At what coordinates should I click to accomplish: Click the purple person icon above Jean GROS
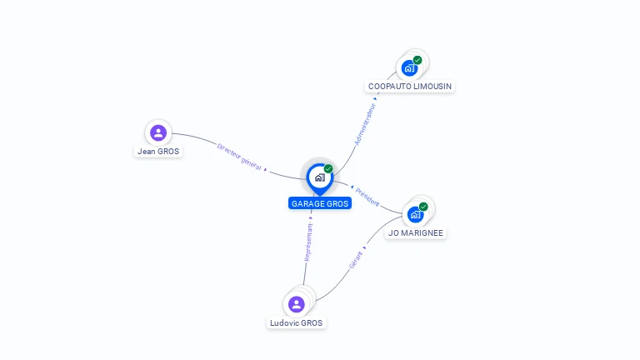pos(158,132)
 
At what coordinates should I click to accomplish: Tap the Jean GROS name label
pos(158,152)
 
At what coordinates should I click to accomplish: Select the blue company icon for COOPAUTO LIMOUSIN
pos(409,67)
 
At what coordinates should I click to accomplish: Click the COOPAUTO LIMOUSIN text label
pos(411,87)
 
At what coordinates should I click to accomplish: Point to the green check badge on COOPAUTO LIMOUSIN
pos(417,60)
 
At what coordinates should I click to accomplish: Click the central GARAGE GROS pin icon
pos(319,177)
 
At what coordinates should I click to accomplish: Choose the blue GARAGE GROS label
pos(320,203)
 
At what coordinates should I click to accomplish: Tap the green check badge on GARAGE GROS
pos(328,169)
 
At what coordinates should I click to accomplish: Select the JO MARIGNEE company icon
pos(415,214)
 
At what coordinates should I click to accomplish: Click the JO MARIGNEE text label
pos(416,233)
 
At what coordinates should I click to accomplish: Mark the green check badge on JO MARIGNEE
pos(423,207)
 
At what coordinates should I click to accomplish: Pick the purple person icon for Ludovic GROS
pos(296,304)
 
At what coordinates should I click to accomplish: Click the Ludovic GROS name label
pos(297,323)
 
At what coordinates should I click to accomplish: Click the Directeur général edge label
pos(239,157)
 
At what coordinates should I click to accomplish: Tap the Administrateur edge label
pos(366,124)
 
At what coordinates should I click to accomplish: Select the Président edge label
pos(367,197)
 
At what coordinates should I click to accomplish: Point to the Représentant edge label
pos(308,242)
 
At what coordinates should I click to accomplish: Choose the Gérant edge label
pos(357,259)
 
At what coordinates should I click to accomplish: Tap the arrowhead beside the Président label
pos(352,187)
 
